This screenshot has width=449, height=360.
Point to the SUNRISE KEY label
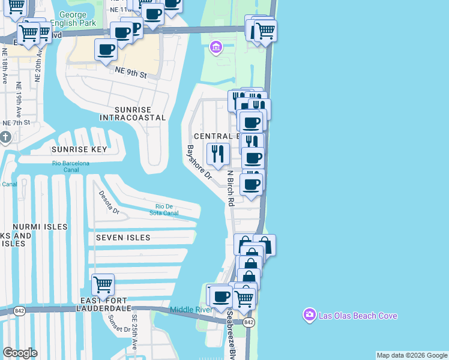coord(79,149)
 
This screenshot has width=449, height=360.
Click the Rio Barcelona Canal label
coord(71,167)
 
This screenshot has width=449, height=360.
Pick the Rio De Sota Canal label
coord(163,209)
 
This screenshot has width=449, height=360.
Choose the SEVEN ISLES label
coord(123,238)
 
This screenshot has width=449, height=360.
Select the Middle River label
coord(191,310)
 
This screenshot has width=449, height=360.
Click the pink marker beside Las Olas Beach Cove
coord(310,315)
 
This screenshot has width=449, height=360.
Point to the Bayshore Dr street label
coord(199,163)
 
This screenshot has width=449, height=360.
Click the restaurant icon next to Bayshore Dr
coord(217,154)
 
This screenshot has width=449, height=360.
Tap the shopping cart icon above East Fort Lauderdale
coord(103,284)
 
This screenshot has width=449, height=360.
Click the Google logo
coord(20,353)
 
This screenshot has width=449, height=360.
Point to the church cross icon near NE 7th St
coord(5,138)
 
